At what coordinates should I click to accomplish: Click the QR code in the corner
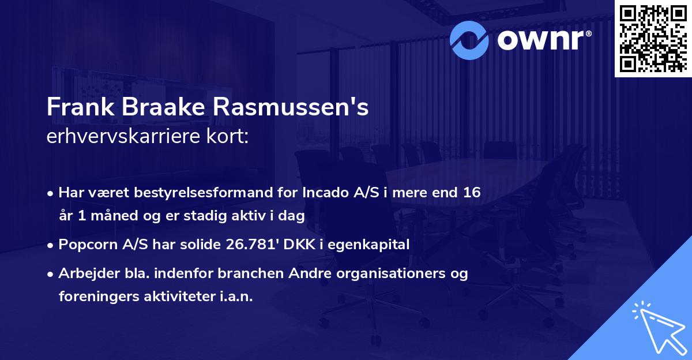pos(653,39)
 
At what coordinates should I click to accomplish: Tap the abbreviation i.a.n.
pos(235,296)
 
